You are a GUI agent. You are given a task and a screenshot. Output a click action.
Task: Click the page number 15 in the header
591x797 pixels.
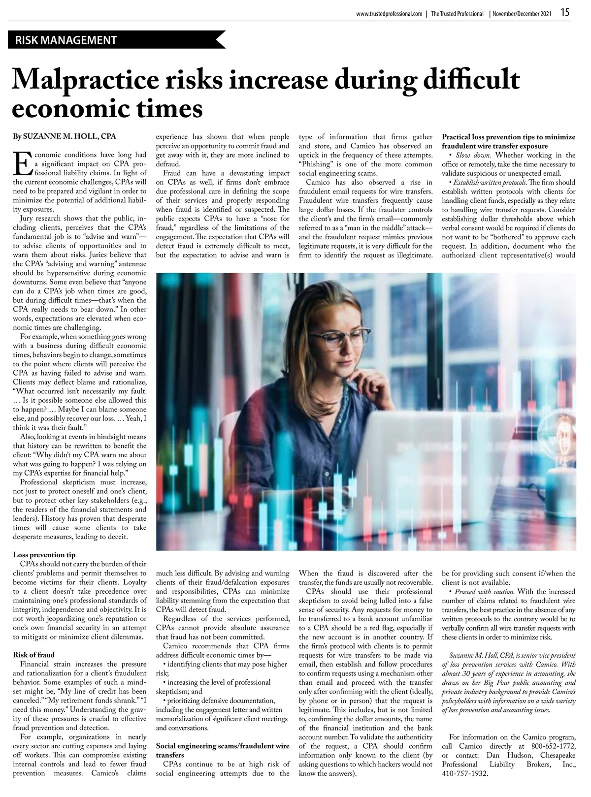[564, 13]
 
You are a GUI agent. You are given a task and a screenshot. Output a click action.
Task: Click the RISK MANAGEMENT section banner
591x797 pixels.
[66, 40]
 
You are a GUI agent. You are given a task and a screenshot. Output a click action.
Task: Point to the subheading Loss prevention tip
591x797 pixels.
[44, 554]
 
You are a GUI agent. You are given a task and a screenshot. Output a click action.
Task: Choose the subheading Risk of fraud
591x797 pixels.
[34, 655]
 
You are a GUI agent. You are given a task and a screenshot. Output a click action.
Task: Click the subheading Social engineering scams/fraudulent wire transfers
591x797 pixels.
[223, 750]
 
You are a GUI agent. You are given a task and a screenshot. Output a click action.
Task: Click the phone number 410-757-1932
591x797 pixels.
[465, 774]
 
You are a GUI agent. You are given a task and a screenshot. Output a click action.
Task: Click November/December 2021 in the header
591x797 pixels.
[522, 14]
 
